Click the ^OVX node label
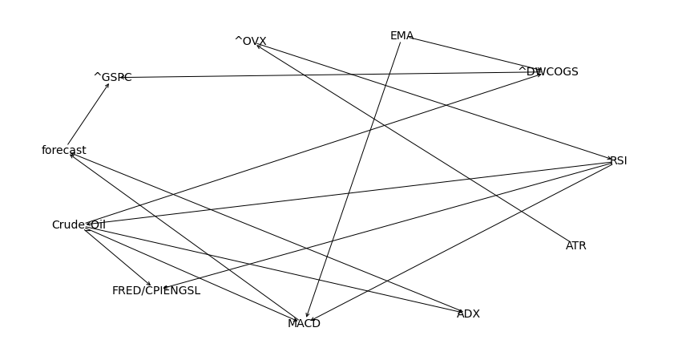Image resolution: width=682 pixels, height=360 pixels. pyautogui.click(x=250, y=42)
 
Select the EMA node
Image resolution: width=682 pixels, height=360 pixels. pyautogui.click(x=402, y=36)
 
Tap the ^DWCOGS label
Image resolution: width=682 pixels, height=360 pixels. pyautogui.click(x=548, y=72)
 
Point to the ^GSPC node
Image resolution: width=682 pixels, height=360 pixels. pyautogui.click(x=113, y=78)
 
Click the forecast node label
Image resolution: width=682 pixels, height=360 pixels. pyautogui.click(x=64, y=151)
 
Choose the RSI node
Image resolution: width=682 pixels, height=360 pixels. pyautogui.click(x=618, y=161)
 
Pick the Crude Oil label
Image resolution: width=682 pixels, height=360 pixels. pyautogui.click(x=79, y=225)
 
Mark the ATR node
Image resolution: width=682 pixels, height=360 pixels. pyautogui.click(x=576, y=246)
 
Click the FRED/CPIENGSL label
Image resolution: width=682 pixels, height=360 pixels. pyautogui.click(x=156, y=291)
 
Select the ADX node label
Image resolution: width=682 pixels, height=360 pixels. pyautogui.click(x=468, y=314)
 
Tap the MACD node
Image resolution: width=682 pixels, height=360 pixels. pyautogui.click(x=304, y=324)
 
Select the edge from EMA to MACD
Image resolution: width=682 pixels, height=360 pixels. pyautogui.click(x=353, y=180)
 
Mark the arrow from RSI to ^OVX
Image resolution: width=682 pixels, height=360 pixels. pyautogui.click(x=433, y=101)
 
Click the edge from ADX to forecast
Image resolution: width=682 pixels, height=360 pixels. pyautogui.click(x=264, y=233)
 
